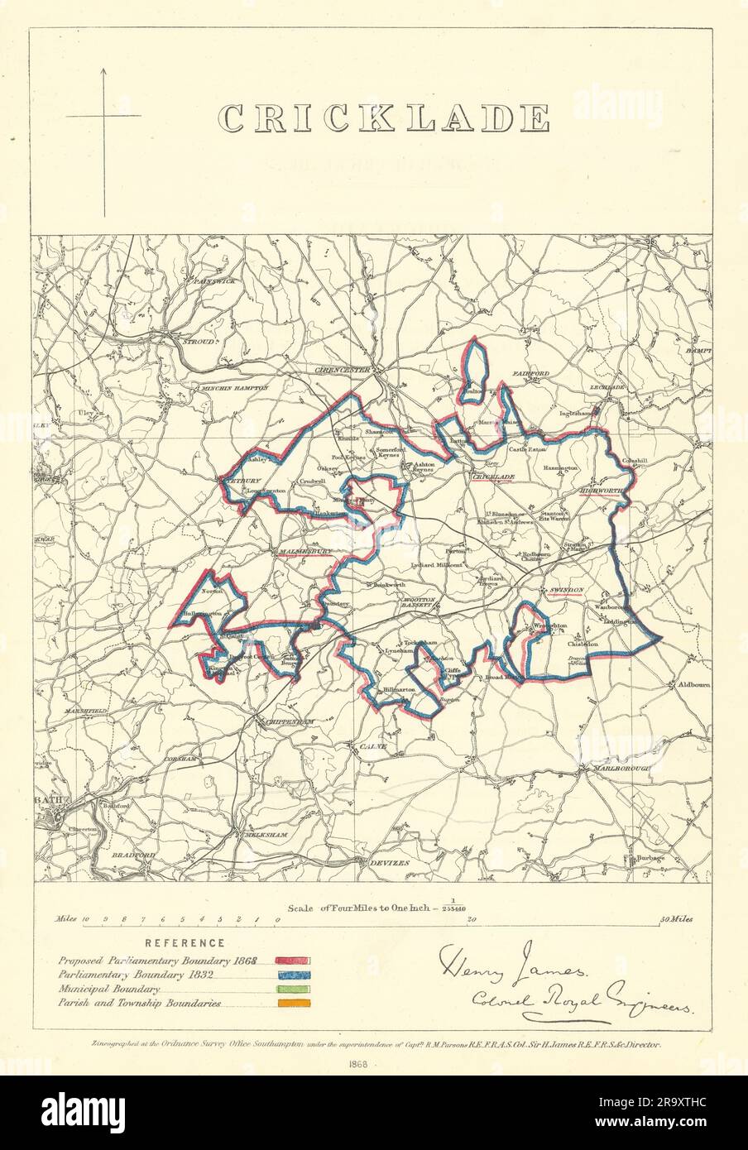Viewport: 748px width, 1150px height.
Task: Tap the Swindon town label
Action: (x=566, y=589)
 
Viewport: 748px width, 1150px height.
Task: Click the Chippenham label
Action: (x=286, y=721)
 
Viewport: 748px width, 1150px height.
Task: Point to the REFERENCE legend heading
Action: (x=184, y=942)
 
